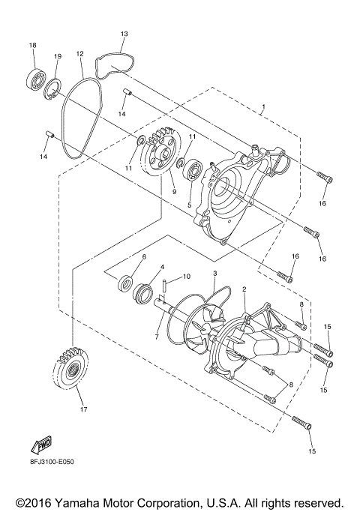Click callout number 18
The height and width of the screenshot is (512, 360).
click(32, 46)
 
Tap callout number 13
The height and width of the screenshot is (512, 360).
click(124, 34)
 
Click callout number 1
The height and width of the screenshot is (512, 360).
click(263, 109)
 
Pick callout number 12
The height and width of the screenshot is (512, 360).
click(79, 53)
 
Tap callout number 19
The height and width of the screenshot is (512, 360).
click(57, 57)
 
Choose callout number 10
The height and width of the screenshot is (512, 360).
click(187, 277)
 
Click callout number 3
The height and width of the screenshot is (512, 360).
click(214, 274)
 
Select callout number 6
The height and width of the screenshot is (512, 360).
click(143, 256)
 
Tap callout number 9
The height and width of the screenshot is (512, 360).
click(173, 191)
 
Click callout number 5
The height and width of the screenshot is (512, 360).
click(189, 205)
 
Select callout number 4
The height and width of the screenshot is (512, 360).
click(161, 267)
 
